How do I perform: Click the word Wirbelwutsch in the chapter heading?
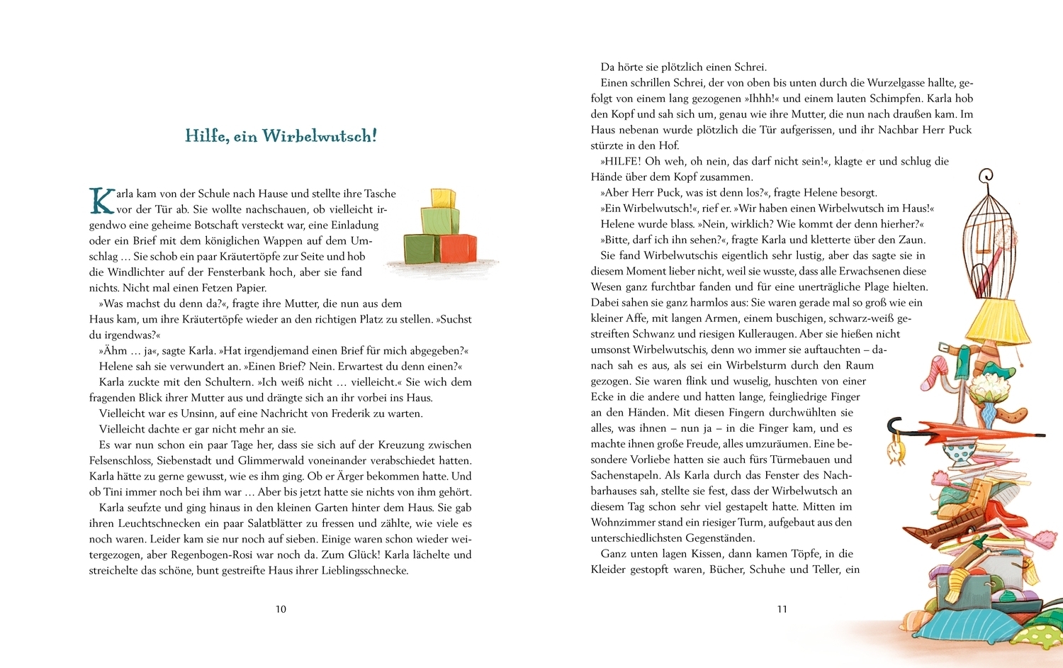319,135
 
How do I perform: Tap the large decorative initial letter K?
101,201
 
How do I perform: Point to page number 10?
281,609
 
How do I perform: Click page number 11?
782,609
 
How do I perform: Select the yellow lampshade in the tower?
999,319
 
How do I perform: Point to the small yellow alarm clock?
896,450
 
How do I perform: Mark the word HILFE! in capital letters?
621,161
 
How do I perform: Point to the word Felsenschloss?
123,460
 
